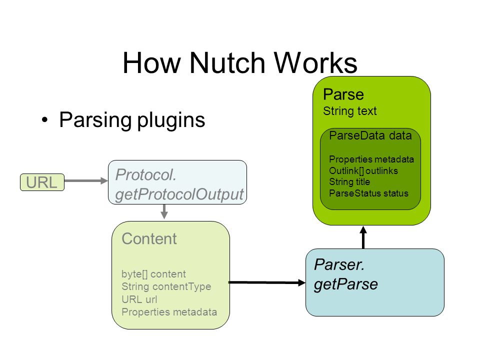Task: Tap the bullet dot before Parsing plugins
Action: point(45,119)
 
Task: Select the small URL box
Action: point(42,182)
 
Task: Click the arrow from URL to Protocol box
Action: point(86,180)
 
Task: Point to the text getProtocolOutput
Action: point(179,194)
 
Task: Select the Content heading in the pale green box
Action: point(149,238)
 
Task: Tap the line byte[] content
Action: point(153,274)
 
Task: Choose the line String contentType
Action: point(166,286)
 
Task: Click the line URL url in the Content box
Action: point(139,299)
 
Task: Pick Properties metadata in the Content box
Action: point(169,312)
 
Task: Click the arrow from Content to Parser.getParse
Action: point(267,282)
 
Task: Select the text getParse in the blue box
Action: point(346,284)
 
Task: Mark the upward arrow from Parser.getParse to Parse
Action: point(363,237)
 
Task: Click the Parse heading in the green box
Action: point(343,94)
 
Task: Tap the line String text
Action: point(350,111)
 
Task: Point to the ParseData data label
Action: point(370,135)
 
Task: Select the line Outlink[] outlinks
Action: point(363,170)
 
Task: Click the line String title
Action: point(349,182)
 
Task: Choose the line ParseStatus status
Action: point(368,193)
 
